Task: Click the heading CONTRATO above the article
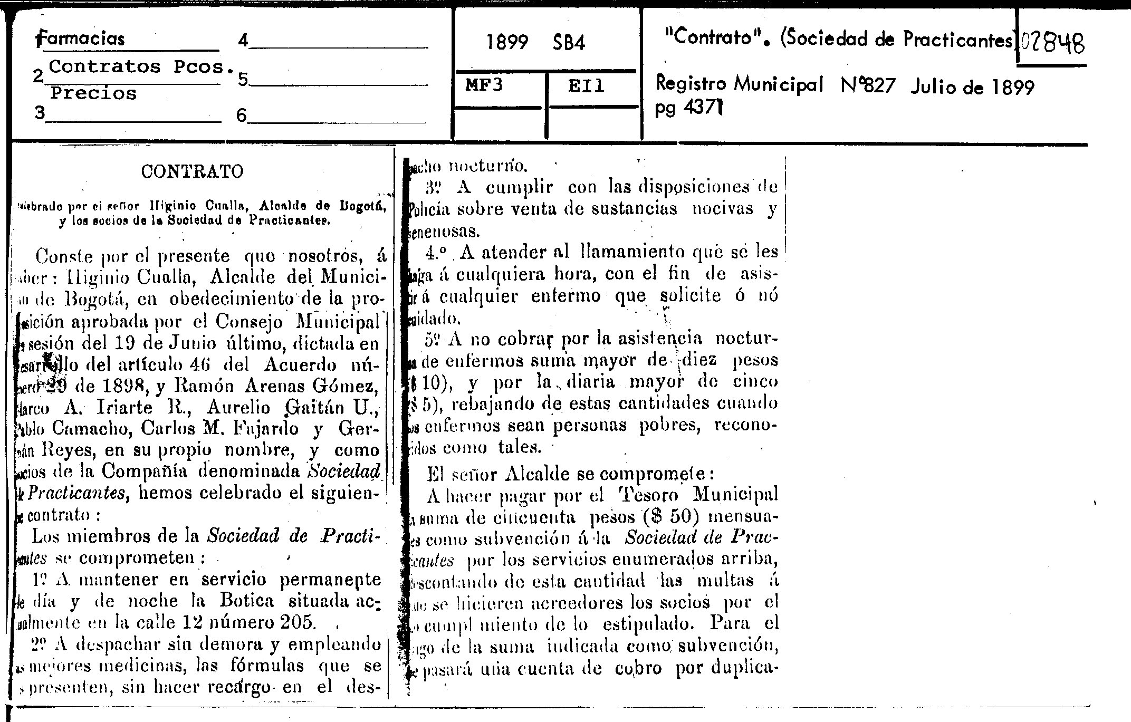pyautogui.click(x=193, y=171)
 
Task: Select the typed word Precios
pyautogui.click(x=93, y=93)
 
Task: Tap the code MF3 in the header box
pyautogui.click(x=484, y=85)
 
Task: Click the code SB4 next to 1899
pyautogui.click(x=569, y=42)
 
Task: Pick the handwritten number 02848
pyautogui.click(x=1052, y=42)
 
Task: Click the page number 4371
pyautogui.click(x=703, y=109)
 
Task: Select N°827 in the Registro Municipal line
pyautogui.click(x=868, y=84)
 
